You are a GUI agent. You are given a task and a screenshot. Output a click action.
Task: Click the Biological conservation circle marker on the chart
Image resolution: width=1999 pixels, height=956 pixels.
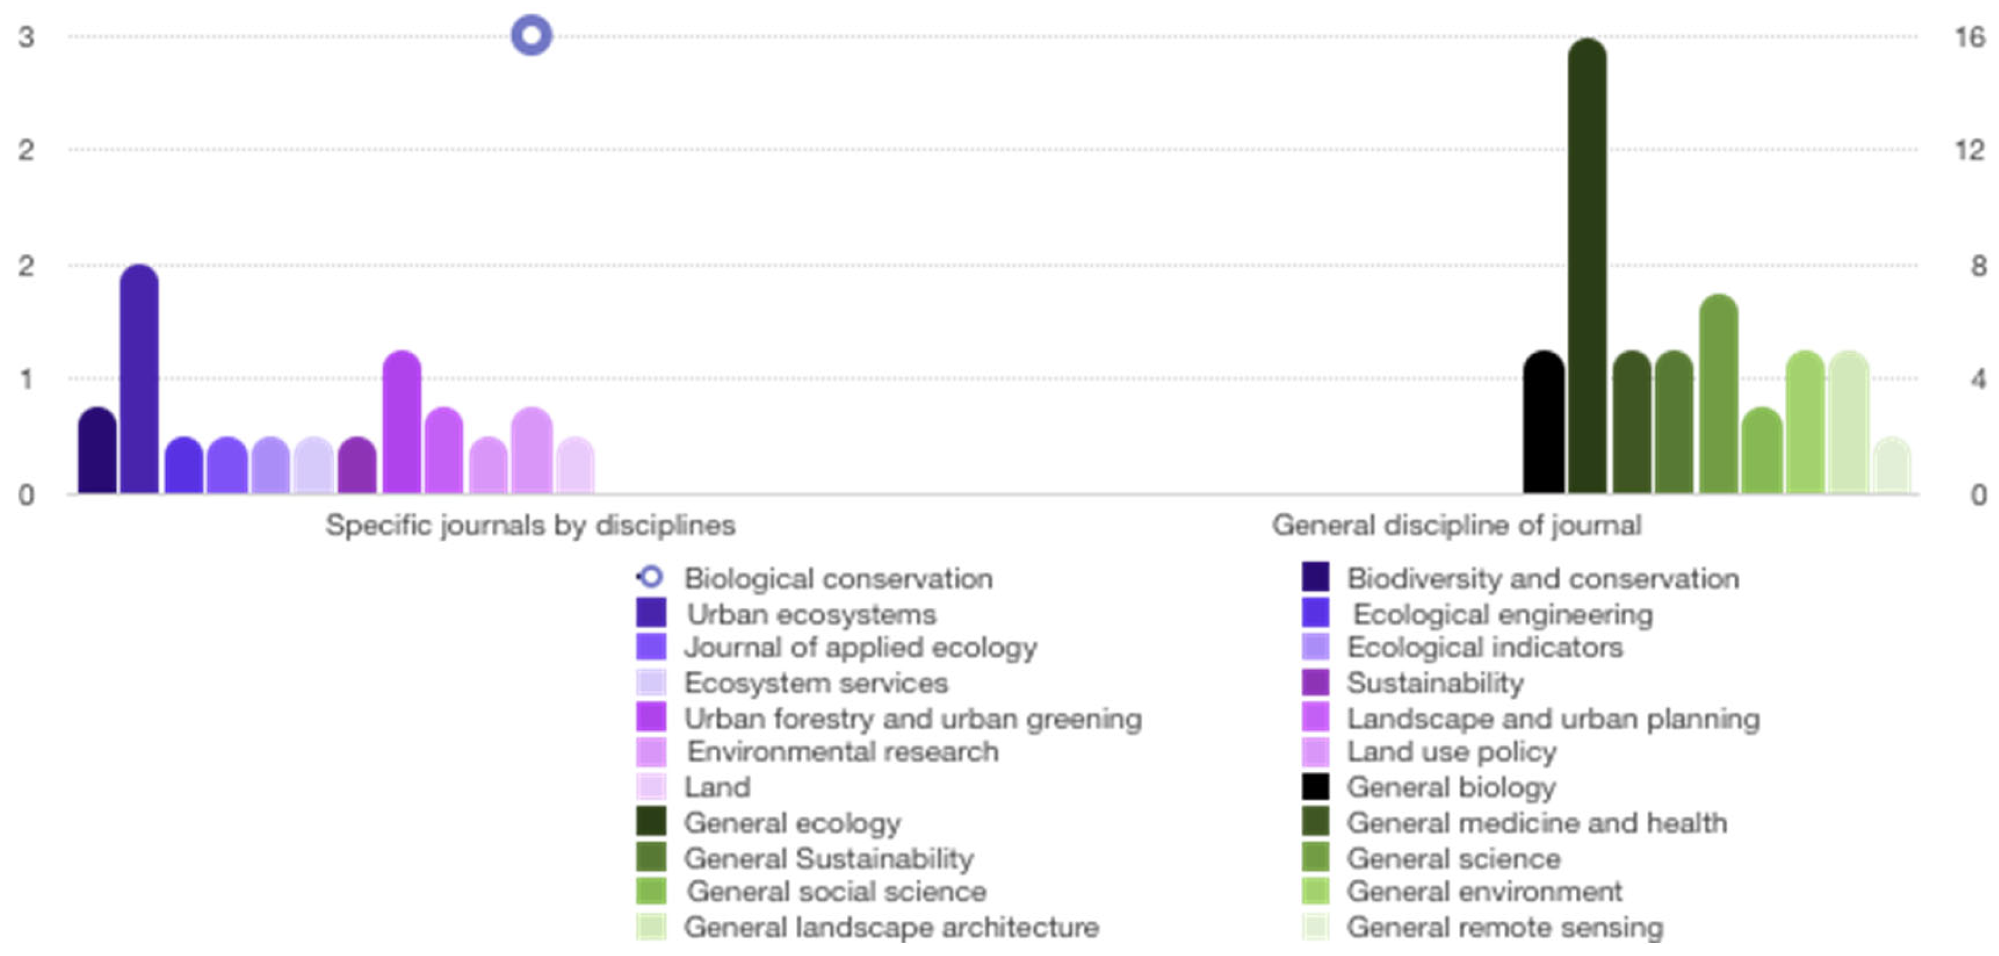point(532,36)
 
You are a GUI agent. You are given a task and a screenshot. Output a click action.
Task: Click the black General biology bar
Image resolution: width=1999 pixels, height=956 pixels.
point(1543,423)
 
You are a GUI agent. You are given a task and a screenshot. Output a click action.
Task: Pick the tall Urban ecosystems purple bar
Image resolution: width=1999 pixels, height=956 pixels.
point(140,380)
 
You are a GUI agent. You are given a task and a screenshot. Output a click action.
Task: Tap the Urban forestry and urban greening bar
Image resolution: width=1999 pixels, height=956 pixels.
point(402,423)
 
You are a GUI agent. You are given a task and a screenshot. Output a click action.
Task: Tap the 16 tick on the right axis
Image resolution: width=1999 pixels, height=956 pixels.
point(1969,37)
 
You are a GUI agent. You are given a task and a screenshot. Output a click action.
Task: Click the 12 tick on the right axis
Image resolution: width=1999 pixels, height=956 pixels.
point(1969,150)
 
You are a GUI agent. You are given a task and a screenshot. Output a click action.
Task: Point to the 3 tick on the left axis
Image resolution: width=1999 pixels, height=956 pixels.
point(27,37)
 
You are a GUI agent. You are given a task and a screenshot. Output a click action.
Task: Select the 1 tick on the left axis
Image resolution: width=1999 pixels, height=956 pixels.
point(27,379)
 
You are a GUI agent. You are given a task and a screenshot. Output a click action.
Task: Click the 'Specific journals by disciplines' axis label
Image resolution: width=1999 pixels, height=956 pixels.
point(530,525)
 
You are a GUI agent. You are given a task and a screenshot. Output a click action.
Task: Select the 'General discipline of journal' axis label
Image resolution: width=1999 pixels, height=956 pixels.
point(1456,525)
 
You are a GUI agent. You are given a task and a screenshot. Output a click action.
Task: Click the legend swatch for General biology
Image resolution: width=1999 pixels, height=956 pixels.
point(1315,787)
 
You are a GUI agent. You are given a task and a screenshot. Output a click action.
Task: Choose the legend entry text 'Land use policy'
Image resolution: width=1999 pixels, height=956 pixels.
point(1451,751)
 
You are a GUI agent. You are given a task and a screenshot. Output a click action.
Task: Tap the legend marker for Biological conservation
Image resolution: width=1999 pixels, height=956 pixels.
point(651,577)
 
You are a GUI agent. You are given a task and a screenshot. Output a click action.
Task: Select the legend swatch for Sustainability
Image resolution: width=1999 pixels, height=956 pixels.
point(1315,683)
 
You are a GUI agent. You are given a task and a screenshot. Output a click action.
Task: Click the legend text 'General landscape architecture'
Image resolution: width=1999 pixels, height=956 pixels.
point(891,926)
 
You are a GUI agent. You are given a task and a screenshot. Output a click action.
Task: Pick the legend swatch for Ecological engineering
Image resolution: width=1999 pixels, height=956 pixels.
point(1315,614)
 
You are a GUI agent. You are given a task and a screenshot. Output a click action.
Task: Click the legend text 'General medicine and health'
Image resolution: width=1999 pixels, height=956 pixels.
point(1537,823)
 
